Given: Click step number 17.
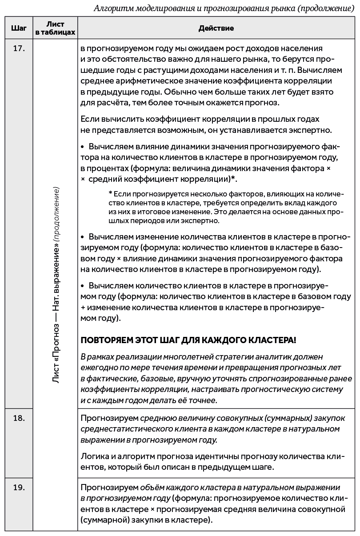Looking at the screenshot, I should [x=18, y=48].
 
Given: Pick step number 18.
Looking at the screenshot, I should [x=18, y=418].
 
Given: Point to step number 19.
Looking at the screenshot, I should [x=18, y=488].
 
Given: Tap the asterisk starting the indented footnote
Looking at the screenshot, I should [x=110, y=194].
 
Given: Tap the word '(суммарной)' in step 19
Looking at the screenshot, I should [x=102, y=520].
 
